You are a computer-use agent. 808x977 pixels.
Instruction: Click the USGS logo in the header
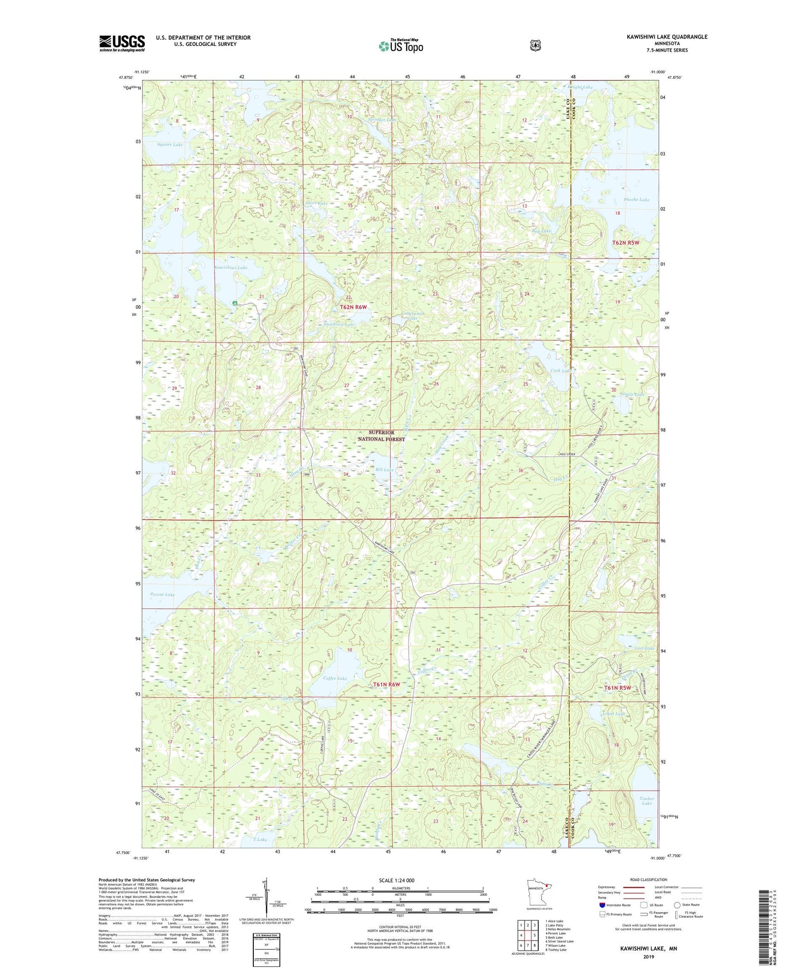coord(122,43)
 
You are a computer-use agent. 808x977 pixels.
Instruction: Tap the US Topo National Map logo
coord(400,46)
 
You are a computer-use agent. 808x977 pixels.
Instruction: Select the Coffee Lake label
coord(335,678)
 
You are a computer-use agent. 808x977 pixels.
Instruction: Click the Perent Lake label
coord(162,594)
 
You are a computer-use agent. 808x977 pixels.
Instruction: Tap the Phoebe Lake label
coord(636,200)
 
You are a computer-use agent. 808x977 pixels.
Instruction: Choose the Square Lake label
coord(170,144)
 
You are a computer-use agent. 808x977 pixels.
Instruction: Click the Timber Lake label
coord(646,801)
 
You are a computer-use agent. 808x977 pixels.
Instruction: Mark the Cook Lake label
coord(561,370)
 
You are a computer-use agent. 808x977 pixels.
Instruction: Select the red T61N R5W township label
coord(621,688)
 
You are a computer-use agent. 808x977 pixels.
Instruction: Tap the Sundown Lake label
coord(339,325)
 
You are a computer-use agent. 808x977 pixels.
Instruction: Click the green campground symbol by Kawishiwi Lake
coord(235,303)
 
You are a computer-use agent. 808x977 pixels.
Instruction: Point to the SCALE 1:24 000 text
coord(396,880)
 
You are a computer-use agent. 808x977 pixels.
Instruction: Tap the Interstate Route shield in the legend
coord(602,905)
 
